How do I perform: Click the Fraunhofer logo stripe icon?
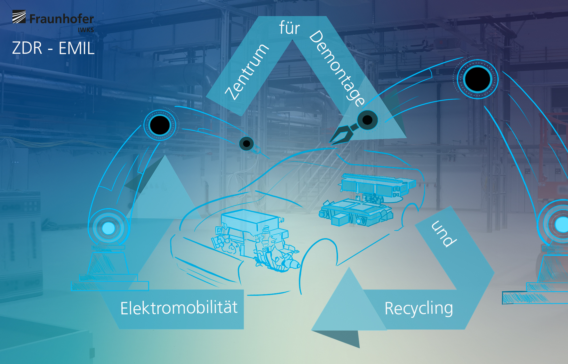click(19, 17)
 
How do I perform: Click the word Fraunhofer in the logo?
click(62, 19)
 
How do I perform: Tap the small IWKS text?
click(86, 30)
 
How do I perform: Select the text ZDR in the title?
click(27, 48)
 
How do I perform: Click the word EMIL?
click(76, 48)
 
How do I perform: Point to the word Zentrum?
click(247, 72)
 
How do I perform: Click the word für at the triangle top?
click(290, 28)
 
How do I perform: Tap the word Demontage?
click(337, 68)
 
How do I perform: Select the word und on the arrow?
click(444, 234)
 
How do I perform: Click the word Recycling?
click(419, 308)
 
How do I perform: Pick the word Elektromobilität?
click(179, 308)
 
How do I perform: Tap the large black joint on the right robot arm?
click(477, 79)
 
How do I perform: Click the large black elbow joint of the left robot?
click(160, 125)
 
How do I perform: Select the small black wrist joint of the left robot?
click(246, 144)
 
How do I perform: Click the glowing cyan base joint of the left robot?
click(108, 228)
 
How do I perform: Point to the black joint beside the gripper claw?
click(367, 120)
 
